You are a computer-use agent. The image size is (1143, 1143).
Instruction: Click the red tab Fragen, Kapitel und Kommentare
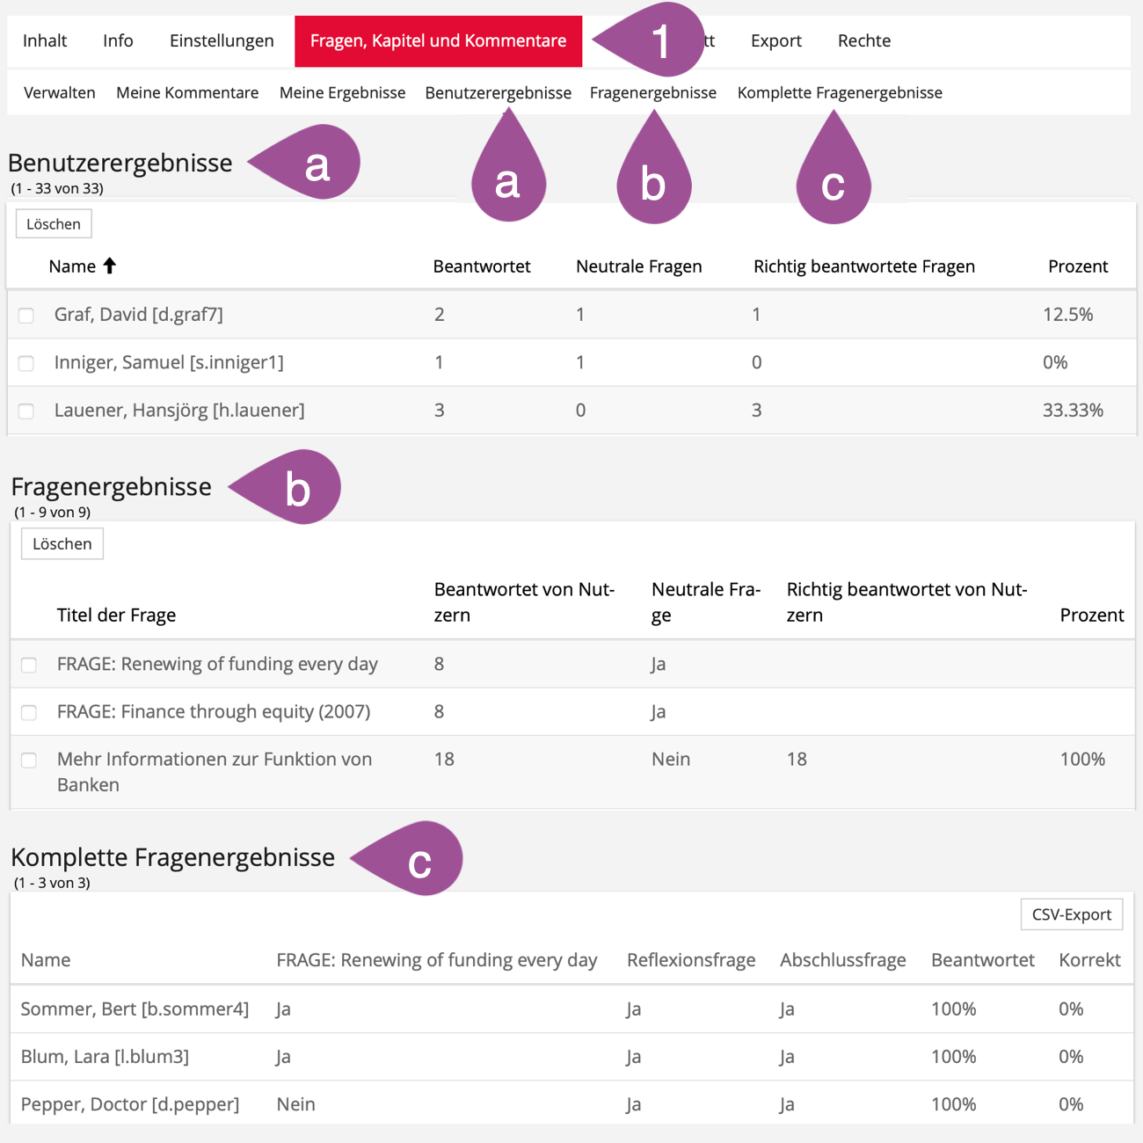click(x=438, y=41)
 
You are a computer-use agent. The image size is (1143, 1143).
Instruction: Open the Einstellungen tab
click(x=222, y=41)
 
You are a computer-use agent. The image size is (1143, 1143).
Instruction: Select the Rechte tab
click(x=863, y=41)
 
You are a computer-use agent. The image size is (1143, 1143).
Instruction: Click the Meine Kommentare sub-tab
click(x=187, y=93)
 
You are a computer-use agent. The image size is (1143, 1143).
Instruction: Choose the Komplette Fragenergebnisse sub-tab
click(x=840, y=93)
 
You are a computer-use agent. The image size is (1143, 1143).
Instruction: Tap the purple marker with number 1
click(x=658, y=40)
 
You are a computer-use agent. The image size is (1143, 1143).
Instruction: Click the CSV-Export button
click(x=1071, y=914)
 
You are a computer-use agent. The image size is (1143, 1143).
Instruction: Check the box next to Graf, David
click(x=26, y=316)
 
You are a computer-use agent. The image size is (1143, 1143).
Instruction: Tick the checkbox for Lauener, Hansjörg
click(x=26, y=411)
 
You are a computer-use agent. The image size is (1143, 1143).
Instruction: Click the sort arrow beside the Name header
click(x=110, y=266)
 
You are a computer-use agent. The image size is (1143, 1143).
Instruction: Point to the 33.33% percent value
click(x=1073, y=411)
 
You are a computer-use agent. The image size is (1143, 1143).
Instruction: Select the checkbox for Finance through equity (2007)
click(x=29, y=712)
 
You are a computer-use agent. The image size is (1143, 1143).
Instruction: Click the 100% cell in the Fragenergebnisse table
click(x=1082, y=760)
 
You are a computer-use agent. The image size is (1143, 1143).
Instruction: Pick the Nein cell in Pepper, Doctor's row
click(x=295, y=1104)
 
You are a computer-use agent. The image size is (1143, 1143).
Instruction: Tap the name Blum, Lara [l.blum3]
click(x=105, y=1057)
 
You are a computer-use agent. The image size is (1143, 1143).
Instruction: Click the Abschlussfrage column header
click(x=842, y=960)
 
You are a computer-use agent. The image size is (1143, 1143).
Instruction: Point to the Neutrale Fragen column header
click(x=638, y=266)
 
